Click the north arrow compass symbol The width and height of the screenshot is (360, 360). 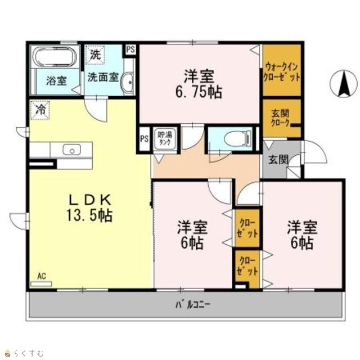click(x=344, y=84)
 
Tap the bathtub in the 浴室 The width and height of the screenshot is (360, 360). click(x=55, y=56)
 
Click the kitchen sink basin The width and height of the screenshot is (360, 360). click(x=72, y=150)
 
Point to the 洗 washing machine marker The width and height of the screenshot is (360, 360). click(x=95, y=55)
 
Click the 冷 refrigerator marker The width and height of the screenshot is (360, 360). click(x=40, y=110)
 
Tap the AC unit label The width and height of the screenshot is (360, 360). click(x=42, y=276)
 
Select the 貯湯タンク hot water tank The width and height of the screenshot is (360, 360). click(x=165, y=139)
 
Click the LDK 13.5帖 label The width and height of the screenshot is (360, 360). click(x=89, y=208)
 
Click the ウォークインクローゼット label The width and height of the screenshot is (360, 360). click(x=281, y=72)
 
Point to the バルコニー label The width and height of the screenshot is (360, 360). click(x=193, y=305)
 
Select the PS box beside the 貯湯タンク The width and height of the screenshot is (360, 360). click(x=144, y=139)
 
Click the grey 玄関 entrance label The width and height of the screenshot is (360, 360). click(x=278, y=160)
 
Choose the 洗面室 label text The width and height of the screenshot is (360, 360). click(x=103, y=78)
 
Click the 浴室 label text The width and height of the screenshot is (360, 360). click(x=56, y=81)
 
